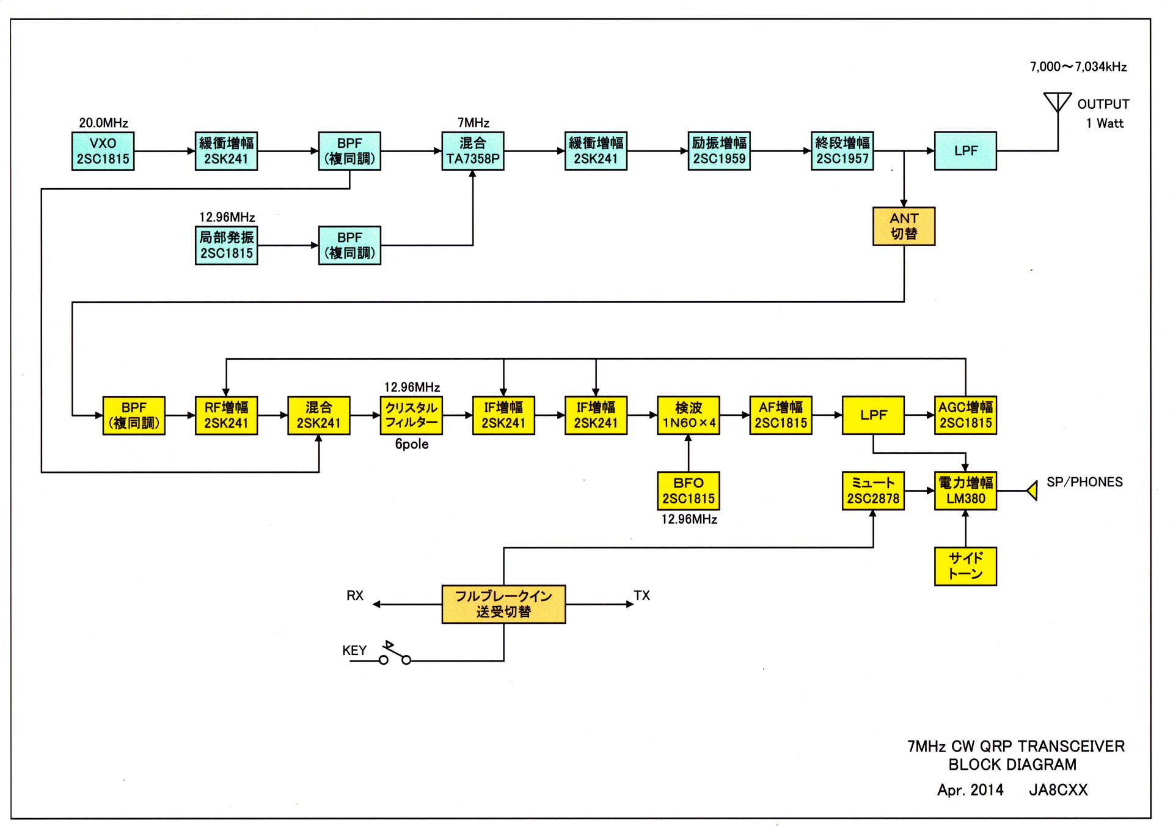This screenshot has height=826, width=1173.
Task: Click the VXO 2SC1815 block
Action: pyautogui.click(x=103, y=151)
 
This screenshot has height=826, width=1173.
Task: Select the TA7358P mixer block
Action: pyautogui.click(x=473, y=151)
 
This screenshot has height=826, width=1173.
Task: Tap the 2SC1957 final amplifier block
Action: pyautogui.click(x=842, y=151)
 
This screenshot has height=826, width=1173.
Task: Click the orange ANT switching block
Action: pyautogui.click(x=904, y=226)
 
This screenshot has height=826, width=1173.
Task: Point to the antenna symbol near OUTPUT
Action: pyautogui.click(x=1058, y=103)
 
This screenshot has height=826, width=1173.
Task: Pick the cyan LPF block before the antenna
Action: pyautogui.click(x=965, y=151)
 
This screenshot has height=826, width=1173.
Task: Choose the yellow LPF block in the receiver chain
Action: pyautogui.click(x=873, y=415)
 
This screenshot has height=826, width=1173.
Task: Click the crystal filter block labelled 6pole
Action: pyautogui.click(x=411, y=415)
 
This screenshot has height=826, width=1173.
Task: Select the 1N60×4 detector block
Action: pyautogui.click(x=689, y=415)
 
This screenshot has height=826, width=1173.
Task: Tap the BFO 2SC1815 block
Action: pyautogui.click(x=689, y=491)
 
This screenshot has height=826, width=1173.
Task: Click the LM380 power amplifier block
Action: pyautogui.click(x=965, y=491)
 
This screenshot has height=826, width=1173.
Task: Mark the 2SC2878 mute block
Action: pyautogui.click(x=873, y=491)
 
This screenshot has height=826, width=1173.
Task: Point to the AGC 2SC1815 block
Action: pyautogui.click(x=965, y=415)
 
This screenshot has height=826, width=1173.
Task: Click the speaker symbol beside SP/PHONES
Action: pyautogui.click(x=1032, y=491)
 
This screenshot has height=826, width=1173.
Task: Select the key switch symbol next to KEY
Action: pyautogui.click(x=395, y=654)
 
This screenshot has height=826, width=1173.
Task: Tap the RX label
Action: pyautogui.click(x=355, y=596)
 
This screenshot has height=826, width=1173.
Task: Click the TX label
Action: pyautogui.click(x=641, y=596)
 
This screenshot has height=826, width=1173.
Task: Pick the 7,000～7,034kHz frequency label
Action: pyautogui.click(x=1078, y=67)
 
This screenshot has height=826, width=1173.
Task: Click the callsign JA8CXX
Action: pyautogui.click(x=1058, y=790)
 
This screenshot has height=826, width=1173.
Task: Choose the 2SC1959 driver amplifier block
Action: pyautogui.click(x=719, y=151)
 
